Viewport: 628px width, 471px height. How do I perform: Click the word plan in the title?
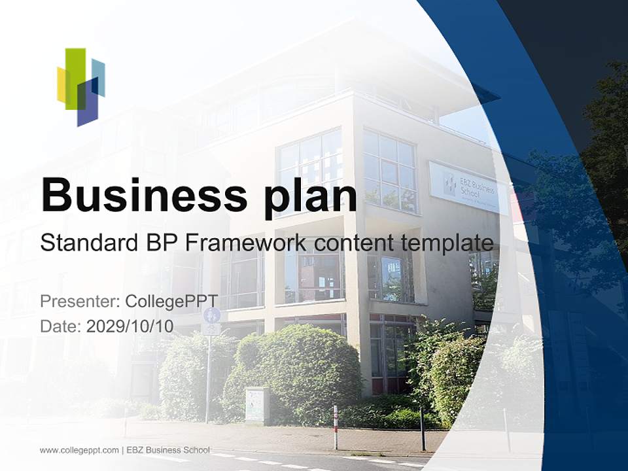click(311, 196)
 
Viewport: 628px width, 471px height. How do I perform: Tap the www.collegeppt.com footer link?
click(79, 450)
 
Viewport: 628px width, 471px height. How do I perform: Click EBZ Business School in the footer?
click(168, 450)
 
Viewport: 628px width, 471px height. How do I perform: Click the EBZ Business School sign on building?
click(467, 188)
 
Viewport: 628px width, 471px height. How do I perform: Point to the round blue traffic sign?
click(211, 315)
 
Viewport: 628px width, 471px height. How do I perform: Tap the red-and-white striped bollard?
click(335, 426)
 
